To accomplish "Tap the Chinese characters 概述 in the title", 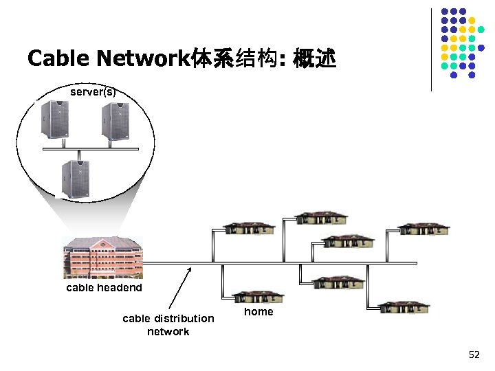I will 314,60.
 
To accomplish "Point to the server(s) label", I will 93,91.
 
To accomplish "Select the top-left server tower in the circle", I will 54,121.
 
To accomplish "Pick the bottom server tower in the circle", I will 75,179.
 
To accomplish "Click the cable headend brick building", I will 102,257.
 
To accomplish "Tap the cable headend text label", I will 104,288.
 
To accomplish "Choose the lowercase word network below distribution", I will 168,332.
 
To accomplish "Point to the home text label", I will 258,312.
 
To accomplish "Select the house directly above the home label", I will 258,296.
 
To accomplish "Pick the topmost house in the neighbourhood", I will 322,217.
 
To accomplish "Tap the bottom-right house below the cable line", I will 404,307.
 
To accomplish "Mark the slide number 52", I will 474,355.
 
